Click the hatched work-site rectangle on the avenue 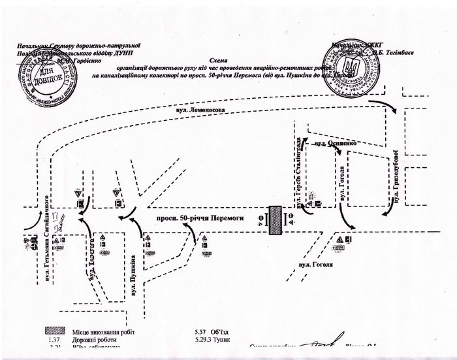pyautogui.click(x=274, y=219)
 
